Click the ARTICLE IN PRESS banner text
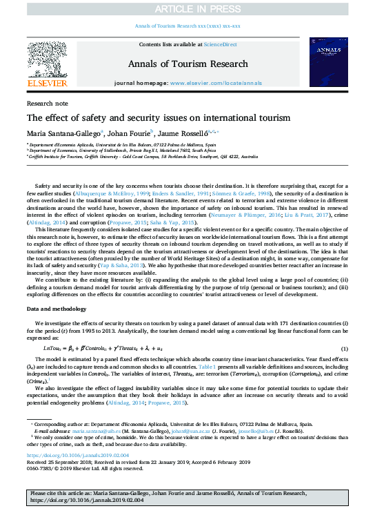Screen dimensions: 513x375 pyautogui.click(x=187, y=8)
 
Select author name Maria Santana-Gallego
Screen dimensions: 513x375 pyautogui.click(x=62, y=133)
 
